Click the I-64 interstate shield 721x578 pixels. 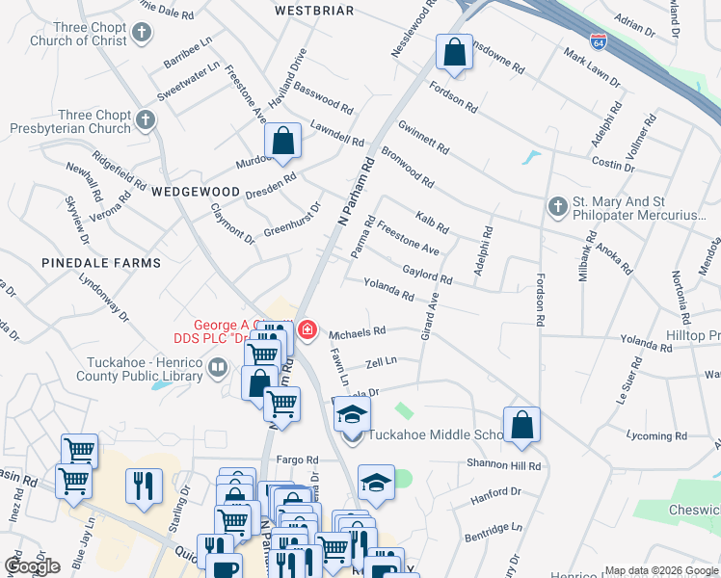tap(599, 41)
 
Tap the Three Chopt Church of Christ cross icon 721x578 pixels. tap(142, 35)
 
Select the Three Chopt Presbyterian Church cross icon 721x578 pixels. tap(146, 121)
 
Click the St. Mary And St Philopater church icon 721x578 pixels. tap(557, 207)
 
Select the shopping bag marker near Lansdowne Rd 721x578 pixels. tap(454, 52)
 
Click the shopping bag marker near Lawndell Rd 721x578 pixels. tap(283, 142)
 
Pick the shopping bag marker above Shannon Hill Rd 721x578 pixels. tap(521, 424)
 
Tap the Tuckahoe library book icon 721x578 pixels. tap(218, 368)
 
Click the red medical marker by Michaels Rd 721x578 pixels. tap(307, 332)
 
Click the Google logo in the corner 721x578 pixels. tap(33, 565)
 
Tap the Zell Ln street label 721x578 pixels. tap(382, 364)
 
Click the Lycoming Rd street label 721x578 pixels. tap(655, 436)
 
